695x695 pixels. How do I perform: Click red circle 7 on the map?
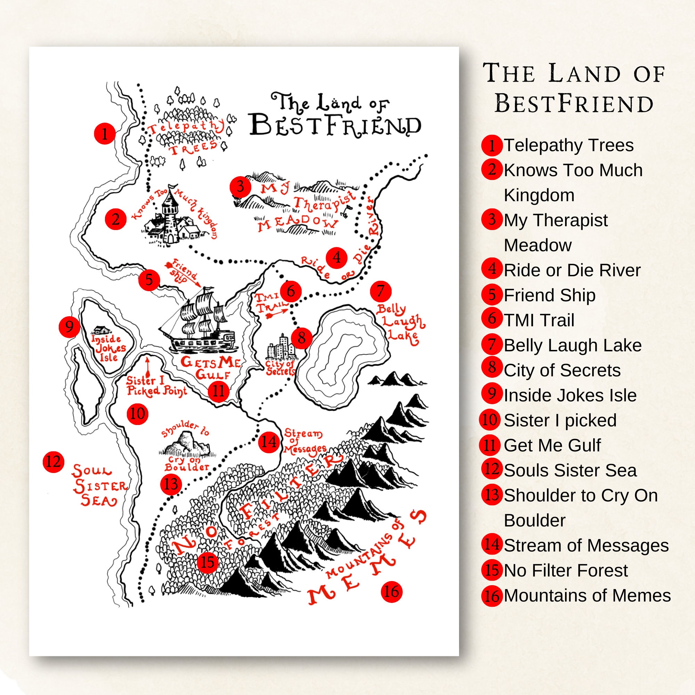coord(381,291)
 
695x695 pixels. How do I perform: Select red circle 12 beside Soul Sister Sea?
coord(53,461)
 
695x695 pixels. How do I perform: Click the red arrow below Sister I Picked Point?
coord(147,367)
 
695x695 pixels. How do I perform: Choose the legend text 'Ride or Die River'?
coord(572,270)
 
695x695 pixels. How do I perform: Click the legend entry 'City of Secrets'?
coord(562,370)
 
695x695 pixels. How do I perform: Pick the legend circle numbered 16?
coord(491,596)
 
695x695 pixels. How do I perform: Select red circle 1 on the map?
coord(105,133)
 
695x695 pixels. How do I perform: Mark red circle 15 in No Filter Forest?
coord(207,562)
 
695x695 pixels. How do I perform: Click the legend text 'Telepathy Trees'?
coord(569,145)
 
